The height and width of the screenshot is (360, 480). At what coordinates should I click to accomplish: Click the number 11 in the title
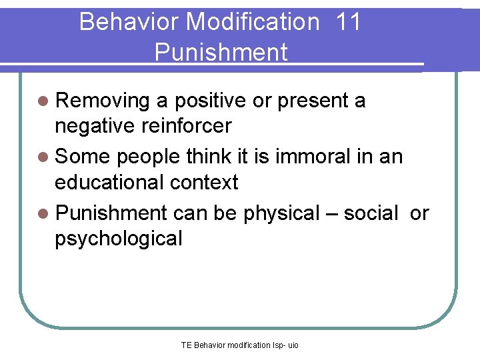click(349, 22)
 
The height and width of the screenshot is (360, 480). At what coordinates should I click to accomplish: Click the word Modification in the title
click(253, 22)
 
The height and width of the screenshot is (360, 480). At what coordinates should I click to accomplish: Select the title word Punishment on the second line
click(221, 52)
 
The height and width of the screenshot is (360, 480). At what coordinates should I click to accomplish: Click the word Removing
click(103, 101)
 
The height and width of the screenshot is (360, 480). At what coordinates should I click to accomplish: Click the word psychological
click(119, 238)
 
